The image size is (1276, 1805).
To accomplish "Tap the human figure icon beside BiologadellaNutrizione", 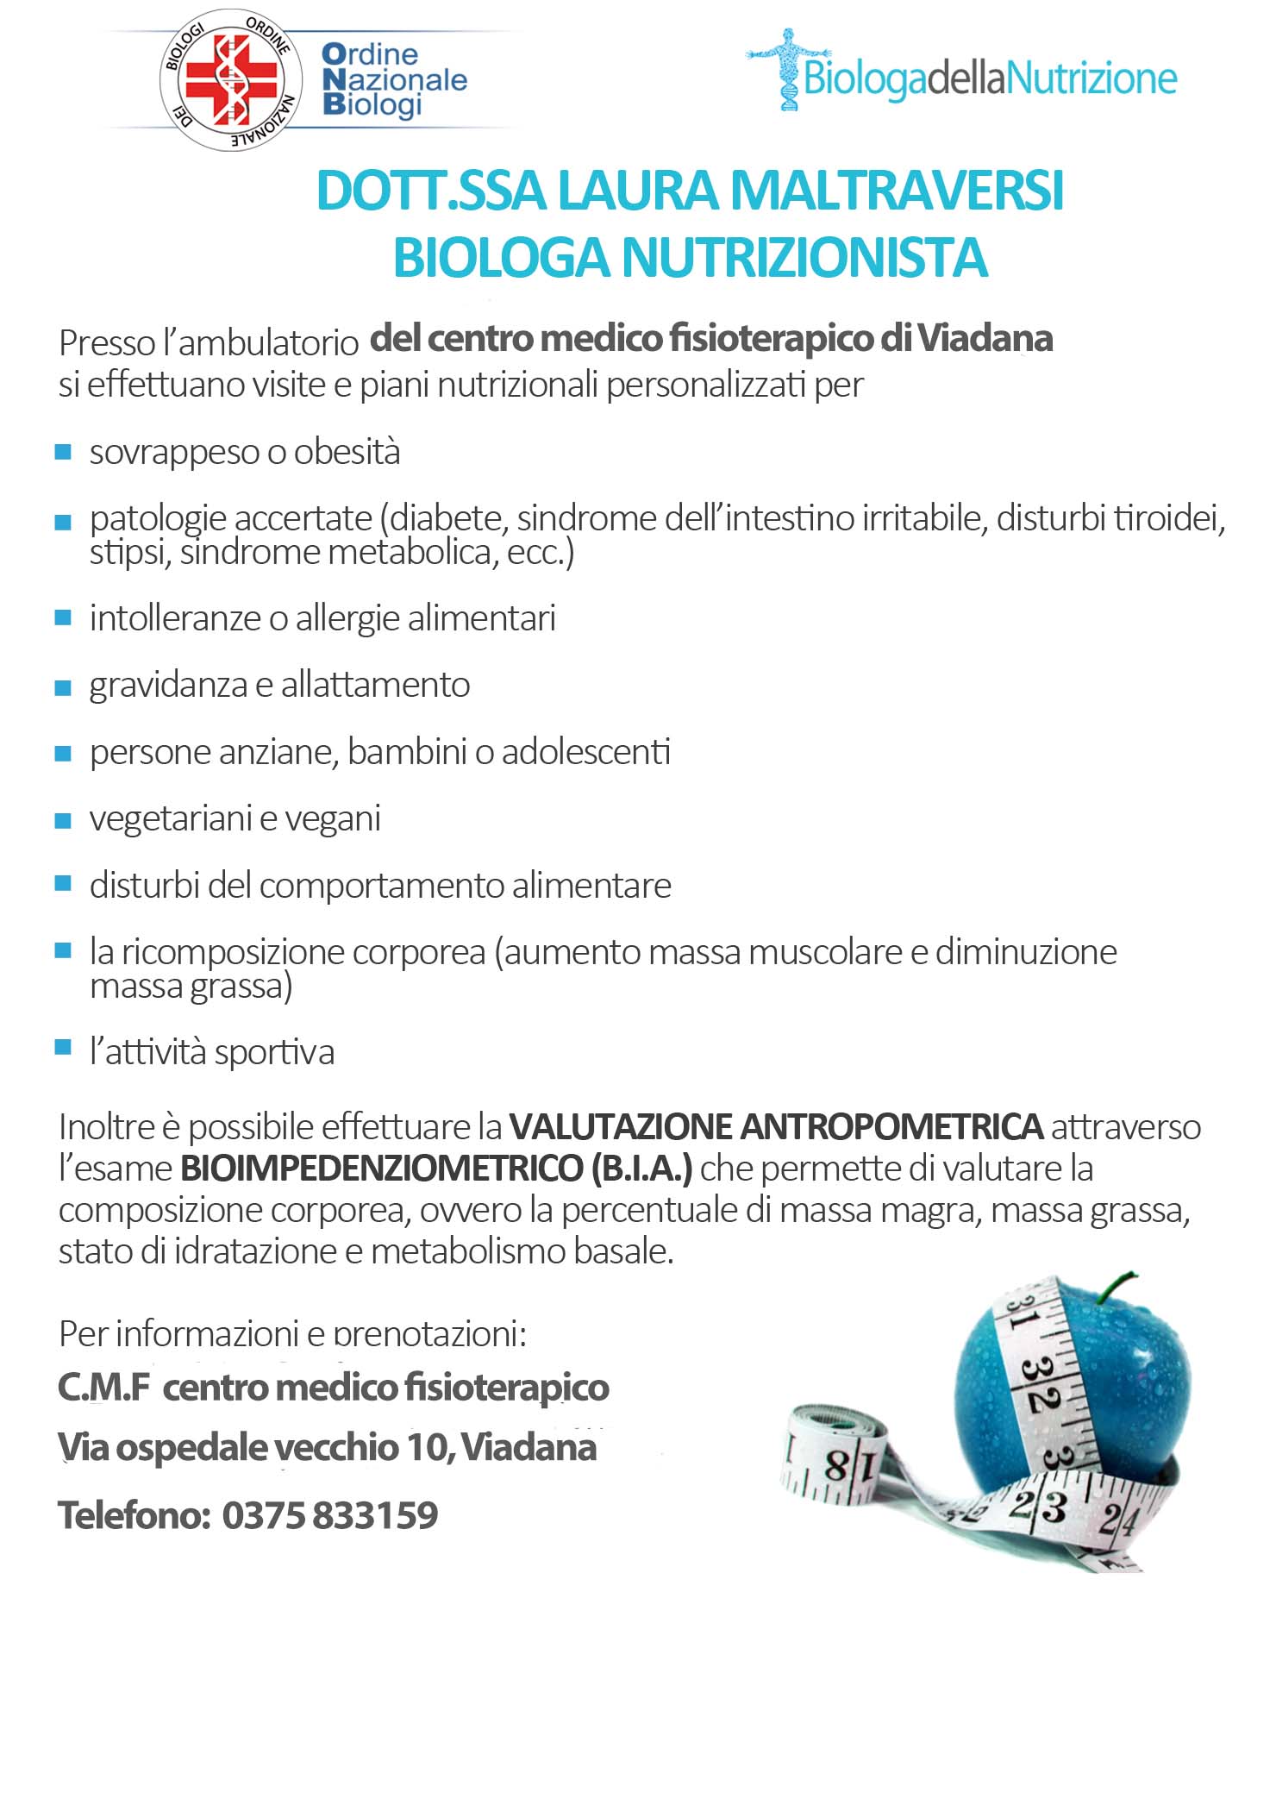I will point(787,69).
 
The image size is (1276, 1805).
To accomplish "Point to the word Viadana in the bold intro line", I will point(985,338).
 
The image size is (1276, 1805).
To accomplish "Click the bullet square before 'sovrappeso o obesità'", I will point(63,452).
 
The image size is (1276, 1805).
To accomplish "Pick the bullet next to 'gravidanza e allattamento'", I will point(63,686).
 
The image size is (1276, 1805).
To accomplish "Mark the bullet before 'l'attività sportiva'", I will point(63,1048).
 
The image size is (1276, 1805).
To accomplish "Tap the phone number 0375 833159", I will point(330,1514).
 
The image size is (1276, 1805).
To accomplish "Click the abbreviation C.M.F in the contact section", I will point(103,1388).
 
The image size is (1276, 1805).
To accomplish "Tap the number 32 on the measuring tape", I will point(1038,1385).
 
